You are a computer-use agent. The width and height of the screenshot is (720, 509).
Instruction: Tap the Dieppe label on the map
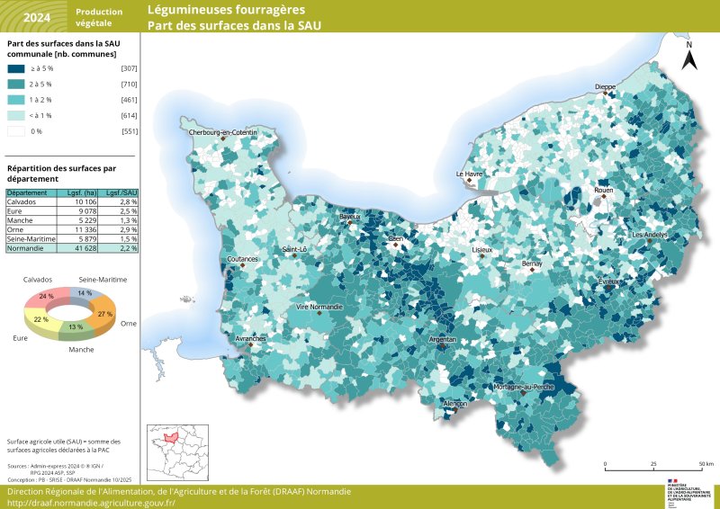(x=605, y=86)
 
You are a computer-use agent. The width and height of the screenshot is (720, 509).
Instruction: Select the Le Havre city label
(x=470, y=174)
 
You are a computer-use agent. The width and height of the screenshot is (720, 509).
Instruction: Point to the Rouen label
(x=603, y=191)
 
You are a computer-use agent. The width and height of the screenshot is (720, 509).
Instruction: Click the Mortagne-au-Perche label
(x=524, y=386)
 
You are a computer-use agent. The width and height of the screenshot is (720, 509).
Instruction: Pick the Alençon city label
(x=455, y=404)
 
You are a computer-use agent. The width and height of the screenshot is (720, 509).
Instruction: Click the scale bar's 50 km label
(x=706, y=464)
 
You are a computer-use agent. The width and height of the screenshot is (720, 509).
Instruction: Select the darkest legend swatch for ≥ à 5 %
(x=16, y=68)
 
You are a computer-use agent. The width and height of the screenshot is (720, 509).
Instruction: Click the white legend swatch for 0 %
(x=16, y=131)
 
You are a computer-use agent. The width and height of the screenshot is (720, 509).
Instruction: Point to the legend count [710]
(x=129, y=84)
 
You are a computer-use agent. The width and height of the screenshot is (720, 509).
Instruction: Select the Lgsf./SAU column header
(x=121, y=192)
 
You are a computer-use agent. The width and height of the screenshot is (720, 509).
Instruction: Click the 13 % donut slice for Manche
(x=76, y=326)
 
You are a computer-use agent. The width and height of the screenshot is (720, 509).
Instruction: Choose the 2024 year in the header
(x=36, y=16)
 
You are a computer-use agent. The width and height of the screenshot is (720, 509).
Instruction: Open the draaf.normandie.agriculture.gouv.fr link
(x=91, y=504)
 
